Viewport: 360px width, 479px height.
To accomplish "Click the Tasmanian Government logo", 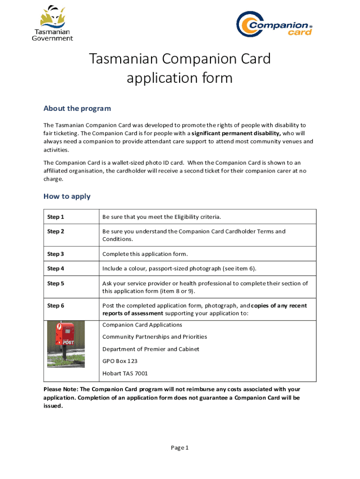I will coord(52,23).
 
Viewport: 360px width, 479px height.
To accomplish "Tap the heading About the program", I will coord(77,109).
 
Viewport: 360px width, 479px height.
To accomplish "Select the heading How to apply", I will coord(67,196).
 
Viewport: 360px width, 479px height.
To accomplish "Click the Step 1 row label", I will coord(56,217).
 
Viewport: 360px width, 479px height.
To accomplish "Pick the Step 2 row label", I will coord(56,232).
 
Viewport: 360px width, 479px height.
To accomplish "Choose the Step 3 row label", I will coord(56,254).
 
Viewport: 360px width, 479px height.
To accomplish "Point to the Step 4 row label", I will coord(56,269).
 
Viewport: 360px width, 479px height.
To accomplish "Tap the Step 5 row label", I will coord(56,283).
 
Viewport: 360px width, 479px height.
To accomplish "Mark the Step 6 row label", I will coord(56,306).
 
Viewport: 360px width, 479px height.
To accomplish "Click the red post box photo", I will coord(66,344).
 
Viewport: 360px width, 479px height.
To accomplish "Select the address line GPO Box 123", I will coord(120,361).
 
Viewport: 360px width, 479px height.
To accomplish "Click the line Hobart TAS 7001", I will coord(125,373).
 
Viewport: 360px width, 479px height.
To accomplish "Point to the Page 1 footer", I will coord(180,448).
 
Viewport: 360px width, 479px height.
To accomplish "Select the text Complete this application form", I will coord(145,254).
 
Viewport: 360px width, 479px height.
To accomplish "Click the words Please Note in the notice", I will coord(60,389).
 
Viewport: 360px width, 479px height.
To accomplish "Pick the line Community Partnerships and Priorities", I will coord(154,337).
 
